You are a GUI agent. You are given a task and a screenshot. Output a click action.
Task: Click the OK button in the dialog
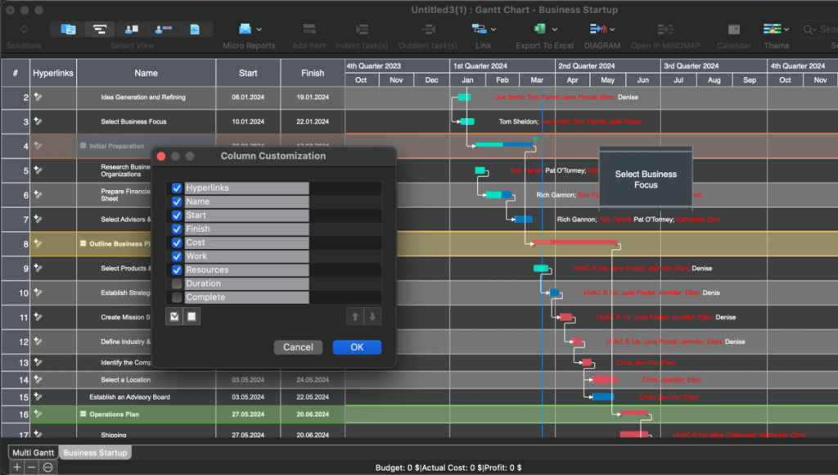click(x=357, y=347)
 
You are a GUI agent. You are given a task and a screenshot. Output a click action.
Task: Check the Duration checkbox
click(x=177, y=284)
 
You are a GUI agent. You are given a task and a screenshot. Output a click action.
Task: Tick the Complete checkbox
click(x=177, y=297)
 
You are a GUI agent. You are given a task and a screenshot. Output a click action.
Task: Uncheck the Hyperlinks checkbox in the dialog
click(x=177, y=188)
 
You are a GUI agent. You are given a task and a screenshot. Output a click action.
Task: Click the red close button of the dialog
click(x=161, y=156)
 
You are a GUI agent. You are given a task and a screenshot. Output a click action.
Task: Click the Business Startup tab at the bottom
click(x=96, y=453)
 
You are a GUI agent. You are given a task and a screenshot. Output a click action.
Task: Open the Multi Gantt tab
click(x=34, y=453)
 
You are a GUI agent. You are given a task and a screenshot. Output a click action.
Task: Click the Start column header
click(x=248, y=73)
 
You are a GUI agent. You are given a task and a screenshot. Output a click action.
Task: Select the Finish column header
click(x=313, y=73)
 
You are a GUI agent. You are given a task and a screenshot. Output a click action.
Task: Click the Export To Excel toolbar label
click(x=544, y=46)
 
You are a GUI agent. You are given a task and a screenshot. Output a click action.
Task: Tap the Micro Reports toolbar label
click(x=249, y=46)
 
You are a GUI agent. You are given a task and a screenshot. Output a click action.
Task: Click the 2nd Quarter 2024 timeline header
click(x=586, y=66)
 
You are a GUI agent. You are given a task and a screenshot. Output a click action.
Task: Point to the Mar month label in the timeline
click(x=537, y=80)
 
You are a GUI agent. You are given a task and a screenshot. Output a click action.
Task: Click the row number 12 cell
click(x=16, y=342)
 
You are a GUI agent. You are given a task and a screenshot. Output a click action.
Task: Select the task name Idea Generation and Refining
click(x=143, y=97)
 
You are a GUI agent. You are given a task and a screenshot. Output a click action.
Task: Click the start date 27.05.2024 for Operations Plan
click(x=248, y=414)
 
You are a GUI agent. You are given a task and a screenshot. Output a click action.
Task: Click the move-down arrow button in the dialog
click(x=373, y=317)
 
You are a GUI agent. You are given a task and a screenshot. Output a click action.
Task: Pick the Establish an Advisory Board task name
click(x=130, y=397)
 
